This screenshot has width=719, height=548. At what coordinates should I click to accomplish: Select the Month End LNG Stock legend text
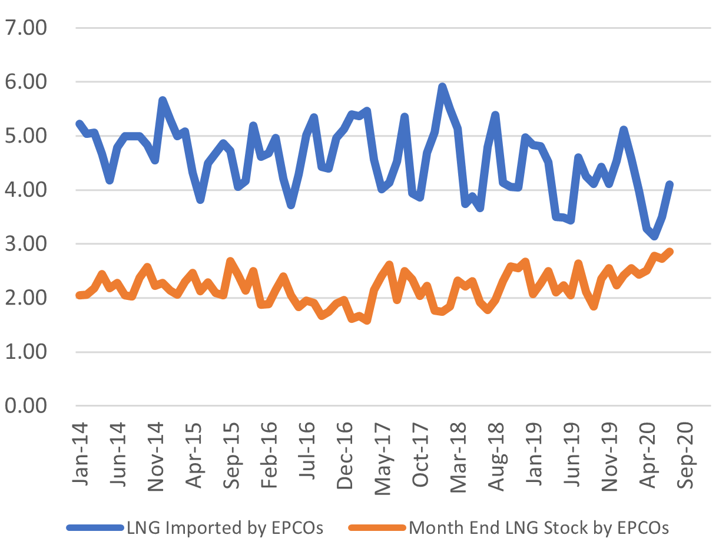click(539, 528)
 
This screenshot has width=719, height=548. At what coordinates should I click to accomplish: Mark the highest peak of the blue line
click(442, 87)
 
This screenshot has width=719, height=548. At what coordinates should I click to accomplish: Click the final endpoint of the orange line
click(670, 252)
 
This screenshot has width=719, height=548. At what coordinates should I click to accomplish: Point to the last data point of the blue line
click(670, 184)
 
